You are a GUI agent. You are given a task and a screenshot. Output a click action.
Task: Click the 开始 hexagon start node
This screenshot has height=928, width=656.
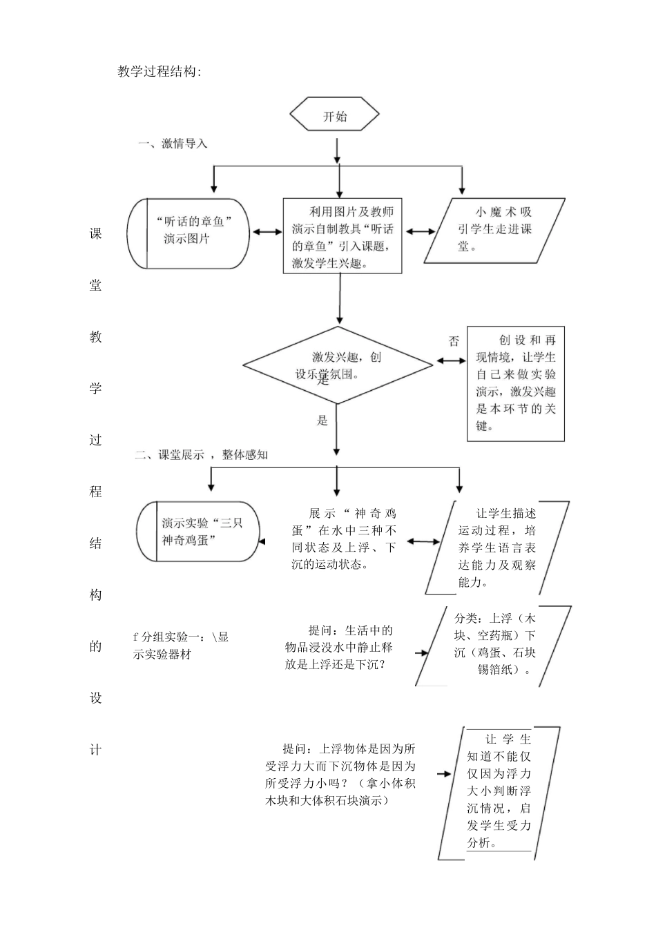pyautogui.click(x=335, y=116)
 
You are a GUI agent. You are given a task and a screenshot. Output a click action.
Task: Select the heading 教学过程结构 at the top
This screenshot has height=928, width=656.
pyautogui.click(x=160, y=72)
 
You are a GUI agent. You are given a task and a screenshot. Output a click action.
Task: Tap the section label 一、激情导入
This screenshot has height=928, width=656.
pyautogui.click(x=173, y=144)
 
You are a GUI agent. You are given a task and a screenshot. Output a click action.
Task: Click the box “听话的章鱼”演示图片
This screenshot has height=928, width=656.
pyautogui.click(x=189, y=233)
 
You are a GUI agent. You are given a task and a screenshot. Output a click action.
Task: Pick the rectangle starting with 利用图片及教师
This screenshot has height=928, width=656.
pyautogui.click(x=342, y=236)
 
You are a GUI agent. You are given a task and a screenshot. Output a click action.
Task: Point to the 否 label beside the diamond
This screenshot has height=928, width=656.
pyautogui.click(x=454, y=341)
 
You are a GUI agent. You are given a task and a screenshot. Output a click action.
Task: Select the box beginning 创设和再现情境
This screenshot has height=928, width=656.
pyautogui.click(x=515, y=383)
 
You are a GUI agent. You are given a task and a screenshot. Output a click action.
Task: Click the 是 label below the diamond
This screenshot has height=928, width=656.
pyautogui.click(x=322, y=420)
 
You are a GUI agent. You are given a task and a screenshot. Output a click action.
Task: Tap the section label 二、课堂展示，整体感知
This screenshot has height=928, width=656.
pyautogui.click(x=201, y=454)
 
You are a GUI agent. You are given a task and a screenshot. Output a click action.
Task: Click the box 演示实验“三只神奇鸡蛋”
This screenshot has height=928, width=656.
pyautogui.click(x=200, y=532)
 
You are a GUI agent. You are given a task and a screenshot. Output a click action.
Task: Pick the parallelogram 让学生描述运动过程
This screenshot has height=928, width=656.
pyautogui.click(x=496, y=548)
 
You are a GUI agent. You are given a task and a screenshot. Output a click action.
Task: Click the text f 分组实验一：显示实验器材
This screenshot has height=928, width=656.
pyautogui.click(x=180, y=646)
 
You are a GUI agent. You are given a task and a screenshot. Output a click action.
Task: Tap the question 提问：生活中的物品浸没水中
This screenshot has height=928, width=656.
pyautogui.click(x=338, y=647)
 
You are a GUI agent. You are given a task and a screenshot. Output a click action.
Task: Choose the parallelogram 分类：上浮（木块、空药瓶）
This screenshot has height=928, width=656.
pyautogui.click(x=494, y=644)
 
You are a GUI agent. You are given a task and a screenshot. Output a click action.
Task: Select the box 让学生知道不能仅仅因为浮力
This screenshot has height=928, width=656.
pyautogui.click(x=499, y=791)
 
